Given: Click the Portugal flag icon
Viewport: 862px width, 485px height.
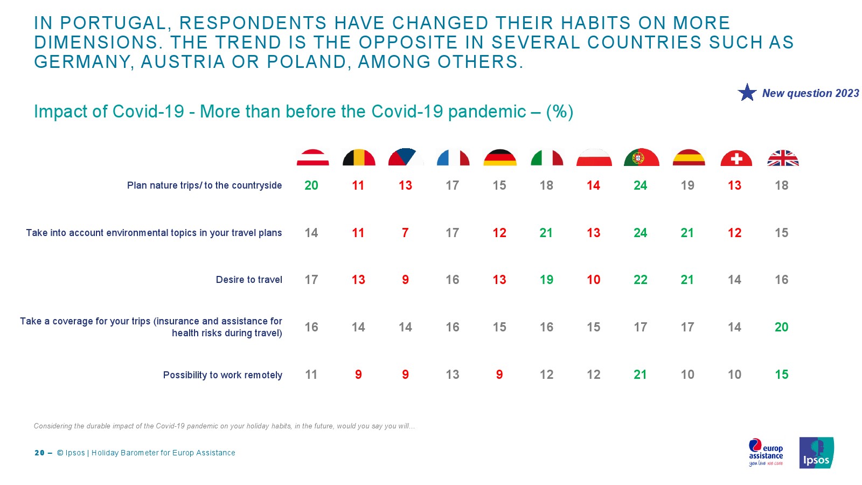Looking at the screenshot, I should coord(641,157).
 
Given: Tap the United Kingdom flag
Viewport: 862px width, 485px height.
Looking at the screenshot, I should coord(782,158).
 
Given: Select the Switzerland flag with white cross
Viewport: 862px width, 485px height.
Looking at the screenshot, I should coord(735,158).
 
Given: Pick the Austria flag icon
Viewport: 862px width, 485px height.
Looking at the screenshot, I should coord(312,157).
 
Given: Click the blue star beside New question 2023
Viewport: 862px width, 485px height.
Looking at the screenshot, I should coord(747,93).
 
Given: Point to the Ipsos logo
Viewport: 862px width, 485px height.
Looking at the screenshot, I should coord(816,453).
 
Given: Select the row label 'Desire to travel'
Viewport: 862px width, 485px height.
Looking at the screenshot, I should coord(249,280).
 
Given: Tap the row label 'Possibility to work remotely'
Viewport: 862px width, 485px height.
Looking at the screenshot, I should coord(223,375).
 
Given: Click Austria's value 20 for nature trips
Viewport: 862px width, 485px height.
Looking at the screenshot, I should coord(311,185).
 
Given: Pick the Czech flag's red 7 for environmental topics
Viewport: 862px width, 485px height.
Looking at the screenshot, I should coord(405,233).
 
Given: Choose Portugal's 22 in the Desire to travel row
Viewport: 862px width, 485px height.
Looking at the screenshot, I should coord(640,280).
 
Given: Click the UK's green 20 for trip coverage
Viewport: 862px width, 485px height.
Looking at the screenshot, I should coord(781,327).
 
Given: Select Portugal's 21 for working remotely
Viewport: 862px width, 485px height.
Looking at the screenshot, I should coord(640,375).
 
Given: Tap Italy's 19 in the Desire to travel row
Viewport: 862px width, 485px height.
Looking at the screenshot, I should coord(546,280).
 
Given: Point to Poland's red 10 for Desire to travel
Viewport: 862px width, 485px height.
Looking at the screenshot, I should coord(593,280).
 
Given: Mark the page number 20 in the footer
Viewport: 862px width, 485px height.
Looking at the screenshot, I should coord(39,453).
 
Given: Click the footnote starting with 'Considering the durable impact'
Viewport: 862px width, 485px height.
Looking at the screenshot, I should coord(224,426).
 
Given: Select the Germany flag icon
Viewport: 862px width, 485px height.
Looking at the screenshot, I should coord(499,157).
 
